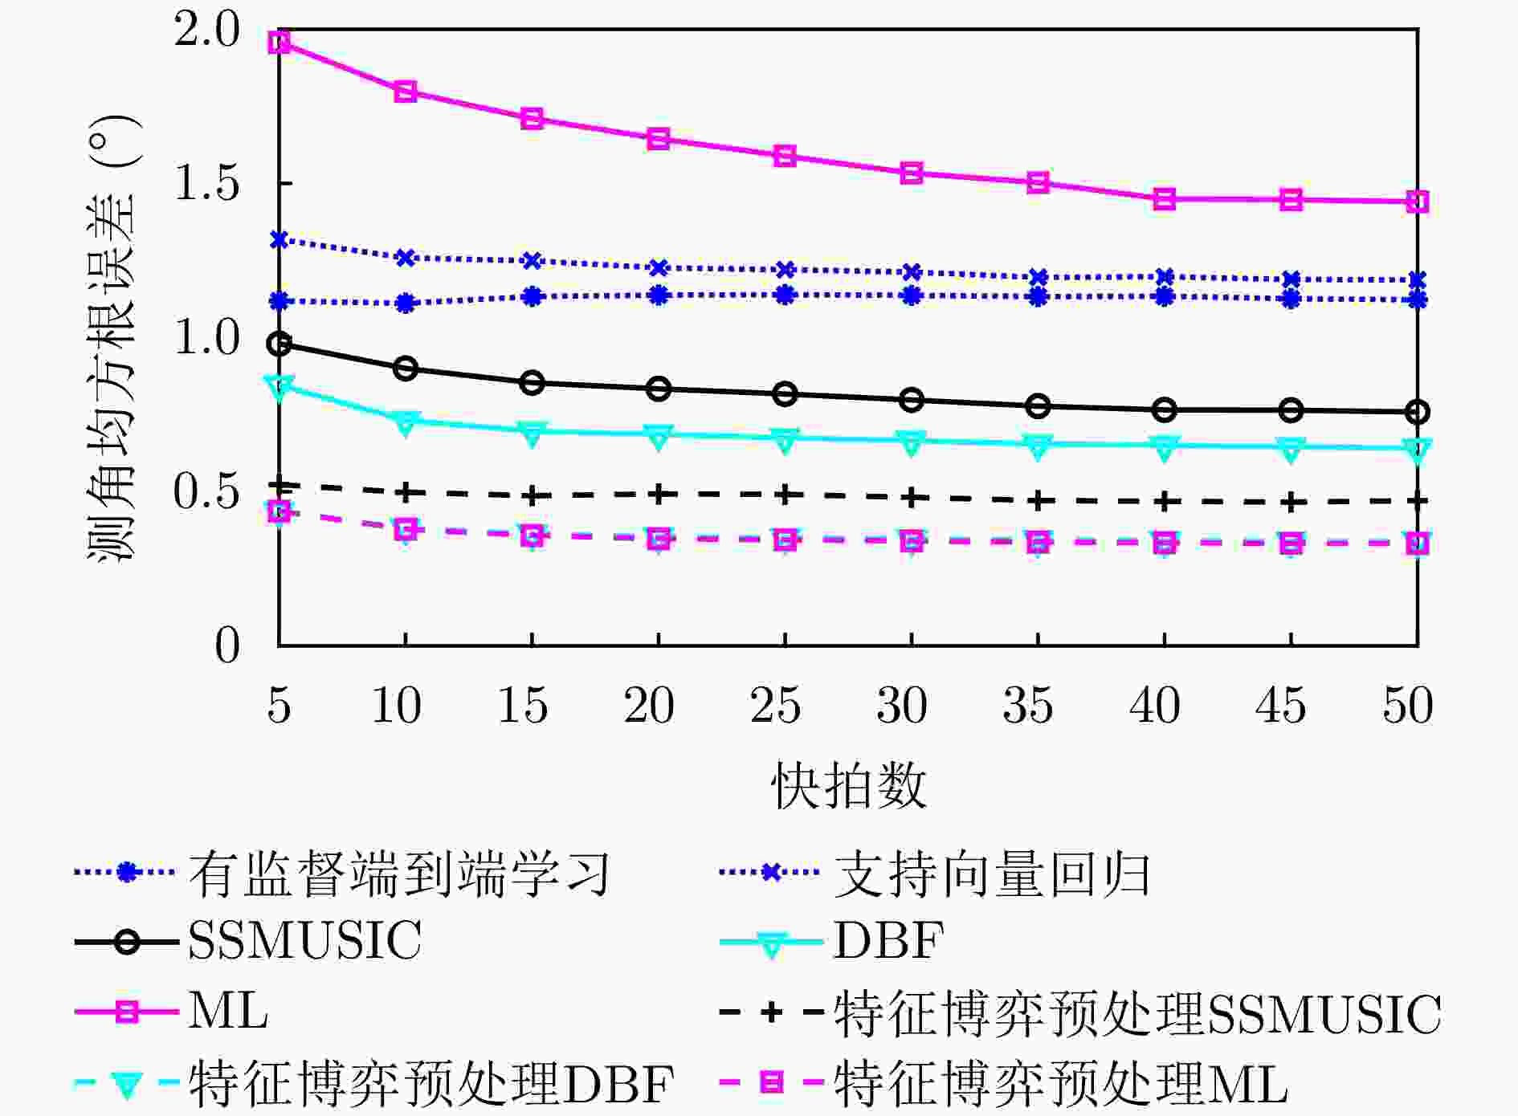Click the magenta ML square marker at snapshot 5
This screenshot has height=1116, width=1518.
pos(279,42)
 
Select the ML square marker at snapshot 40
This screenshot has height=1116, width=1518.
pos(1165,199)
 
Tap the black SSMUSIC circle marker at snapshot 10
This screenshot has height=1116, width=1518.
pos(406,369)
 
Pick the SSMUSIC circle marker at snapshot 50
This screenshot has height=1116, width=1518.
pos(1418,412)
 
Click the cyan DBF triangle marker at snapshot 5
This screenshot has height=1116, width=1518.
pos(279,386)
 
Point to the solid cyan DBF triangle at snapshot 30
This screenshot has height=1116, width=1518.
pos(912,442)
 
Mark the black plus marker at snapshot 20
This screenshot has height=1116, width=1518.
pos(659,494)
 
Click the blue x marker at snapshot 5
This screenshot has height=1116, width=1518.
pos(279,239)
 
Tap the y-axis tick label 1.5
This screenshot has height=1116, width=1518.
pos(206,184)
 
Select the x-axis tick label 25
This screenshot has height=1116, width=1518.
pos(775,706)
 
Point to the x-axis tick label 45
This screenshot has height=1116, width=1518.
pos(1280,706)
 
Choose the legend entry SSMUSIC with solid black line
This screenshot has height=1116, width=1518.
pos(304,939)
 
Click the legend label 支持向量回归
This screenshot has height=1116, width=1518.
pos(992,874)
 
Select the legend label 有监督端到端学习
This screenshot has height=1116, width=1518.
pos(399,874)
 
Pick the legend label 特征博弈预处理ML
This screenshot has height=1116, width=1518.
pos(1060,1084)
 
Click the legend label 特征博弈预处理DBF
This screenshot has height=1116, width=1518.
pos(431,1084)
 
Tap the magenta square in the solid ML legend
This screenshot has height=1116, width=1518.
pos(127,1012)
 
